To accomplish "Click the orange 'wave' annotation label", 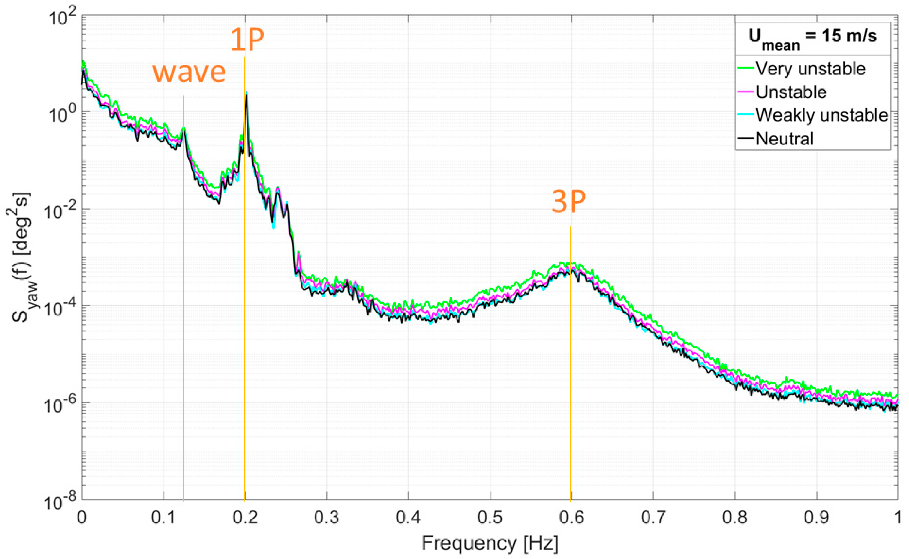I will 189,72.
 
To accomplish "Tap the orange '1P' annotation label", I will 247,40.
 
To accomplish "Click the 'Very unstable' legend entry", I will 810,69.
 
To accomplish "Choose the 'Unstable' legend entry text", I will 791,92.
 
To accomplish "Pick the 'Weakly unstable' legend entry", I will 821,115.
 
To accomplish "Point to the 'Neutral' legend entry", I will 784,139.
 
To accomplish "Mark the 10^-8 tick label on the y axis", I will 59,503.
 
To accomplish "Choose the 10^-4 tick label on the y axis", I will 59,309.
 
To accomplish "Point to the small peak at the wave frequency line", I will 183,129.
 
